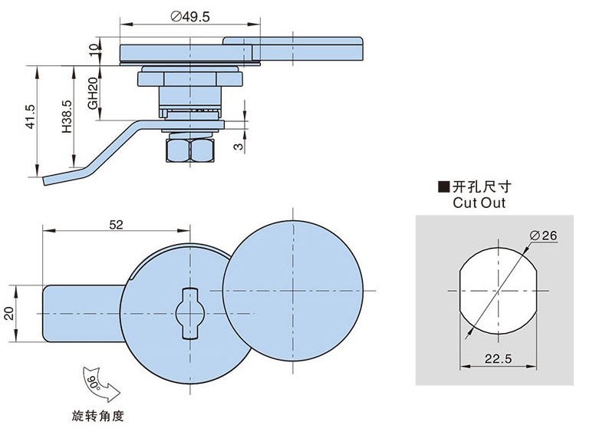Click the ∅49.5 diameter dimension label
[186, 16]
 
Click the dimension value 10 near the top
[93, 51]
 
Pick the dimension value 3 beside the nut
[238, 143]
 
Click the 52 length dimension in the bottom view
[116, 224]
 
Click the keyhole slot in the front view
[189, 312]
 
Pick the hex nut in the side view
[189, 150]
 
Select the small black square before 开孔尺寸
[442, 186]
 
